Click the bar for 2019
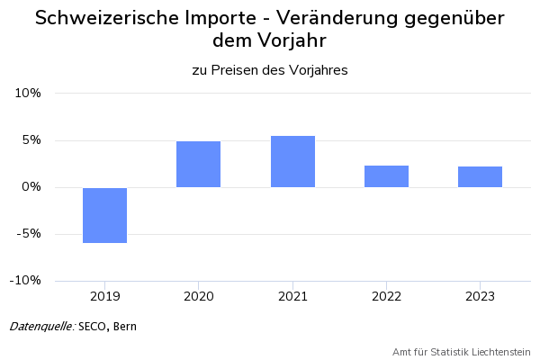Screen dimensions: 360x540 104,215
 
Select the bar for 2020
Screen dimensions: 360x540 198,164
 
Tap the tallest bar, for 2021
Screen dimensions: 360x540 292,161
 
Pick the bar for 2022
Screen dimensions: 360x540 386,176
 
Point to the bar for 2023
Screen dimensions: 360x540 480,176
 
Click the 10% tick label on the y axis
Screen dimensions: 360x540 28,94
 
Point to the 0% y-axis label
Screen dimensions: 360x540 31,187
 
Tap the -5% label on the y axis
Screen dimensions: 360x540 30,234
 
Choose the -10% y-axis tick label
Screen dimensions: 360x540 26,281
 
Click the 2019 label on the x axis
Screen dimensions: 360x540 104,295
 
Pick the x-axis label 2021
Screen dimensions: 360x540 292,295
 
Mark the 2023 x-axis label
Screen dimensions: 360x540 480,295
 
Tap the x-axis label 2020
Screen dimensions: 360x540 198,295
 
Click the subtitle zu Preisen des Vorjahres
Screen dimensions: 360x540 270,69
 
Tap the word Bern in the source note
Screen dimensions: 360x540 125,326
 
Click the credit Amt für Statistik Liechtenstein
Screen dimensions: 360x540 462,351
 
